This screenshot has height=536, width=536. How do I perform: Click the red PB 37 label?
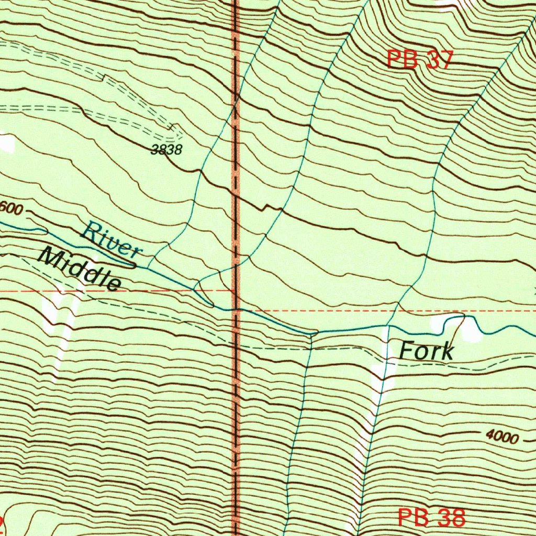tap(419, 60)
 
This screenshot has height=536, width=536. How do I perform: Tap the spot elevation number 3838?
tap(166, 150)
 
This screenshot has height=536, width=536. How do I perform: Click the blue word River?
tap(113, 240)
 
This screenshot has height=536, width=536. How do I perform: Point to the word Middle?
tap(80, 269)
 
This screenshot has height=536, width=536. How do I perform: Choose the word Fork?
tap(426, 351)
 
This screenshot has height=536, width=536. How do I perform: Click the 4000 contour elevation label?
tap(501, 437)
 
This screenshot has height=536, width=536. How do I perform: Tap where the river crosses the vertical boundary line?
tap(236, 310)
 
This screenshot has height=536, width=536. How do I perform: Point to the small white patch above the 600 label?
tap(6, 142)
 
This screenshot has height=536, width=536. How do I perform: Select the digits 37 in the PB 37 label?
tap(438, 60)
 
